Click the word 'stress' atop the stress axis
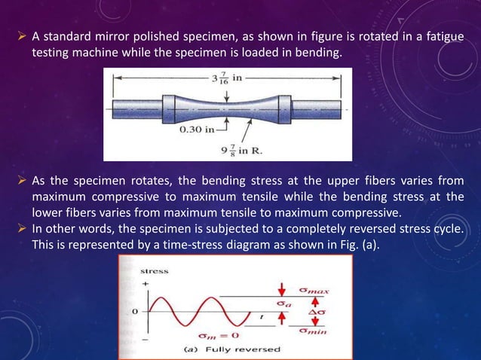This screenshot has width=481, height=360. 155,270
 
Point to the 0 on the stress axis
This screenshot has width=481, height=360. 136,310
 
